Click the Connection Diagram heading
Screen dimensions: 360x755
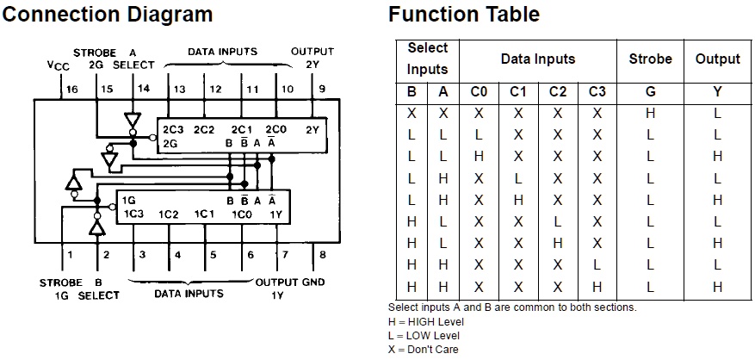[108, 15]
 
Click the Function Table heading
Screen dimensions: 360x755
[464, 15]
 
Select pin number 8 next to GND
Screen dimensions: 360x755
[321, 255]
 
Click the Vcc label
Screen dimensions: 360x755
[59, 65]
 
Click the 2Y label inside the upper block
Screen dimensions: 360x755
[313, 129]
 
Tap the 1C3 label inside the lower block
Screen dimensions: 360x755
[133, 214]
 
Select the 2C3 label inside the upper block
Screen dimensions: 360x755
[173, 129]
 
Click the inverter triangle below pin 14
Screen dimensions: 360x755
[132, 118]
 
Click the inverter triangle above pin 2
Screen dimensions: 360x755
[97, 227]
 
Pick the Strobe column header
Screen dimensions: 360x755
[650, 59]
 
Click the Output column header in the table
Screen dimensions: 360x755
[717, 59]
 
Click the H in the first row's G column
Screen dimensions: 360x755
[650, 114]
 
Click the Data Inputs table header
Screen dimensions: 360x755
[538, 59]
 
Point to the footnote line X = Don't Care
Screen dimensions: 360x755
[424, 349]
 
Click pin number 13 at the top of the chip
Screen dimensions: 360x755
[179, 89]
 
